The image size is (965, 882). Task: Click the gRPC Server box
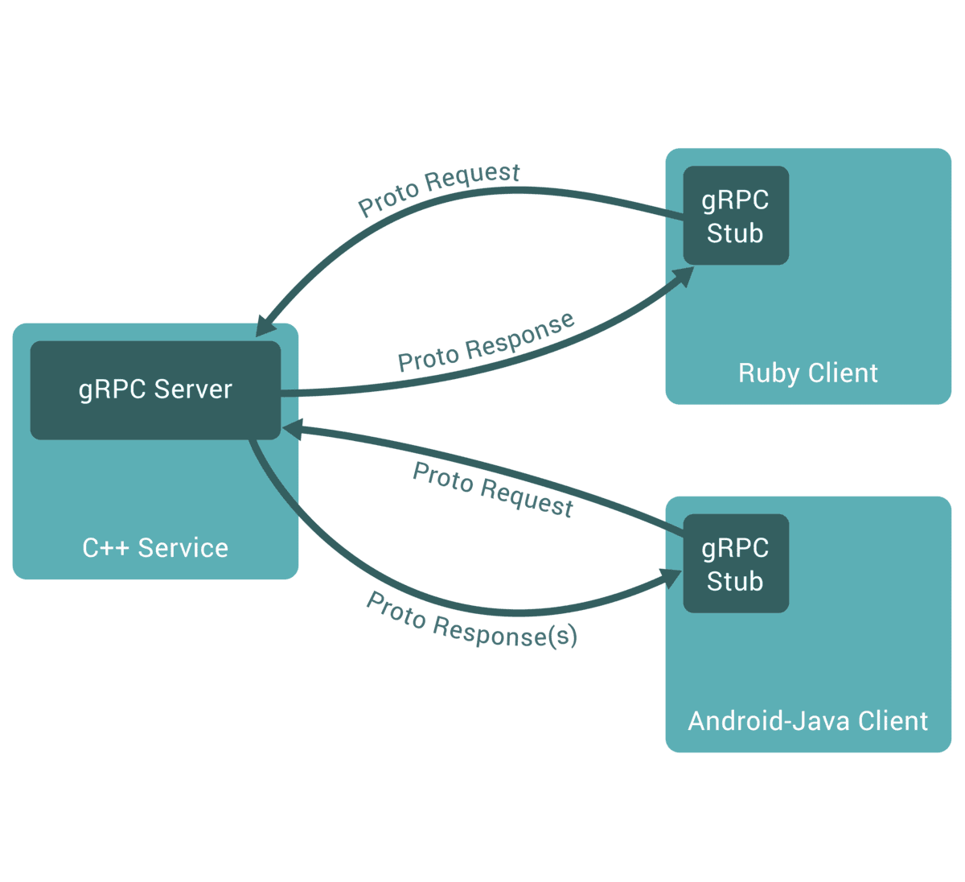(x=155, y=390)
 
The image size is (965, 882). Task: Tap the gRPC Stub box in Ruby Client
(x=736, y=216)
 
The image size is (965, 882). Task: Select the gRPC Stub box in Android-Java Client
(x=736, y=563)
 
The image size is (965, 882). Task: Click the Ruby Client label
(x=808, y=373)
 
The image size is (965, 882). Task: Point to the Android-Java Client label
(x=808, y=721)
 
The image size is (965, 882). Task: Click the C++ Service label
(x=155, y=548)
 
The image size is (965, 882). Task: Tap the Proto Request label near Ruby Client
(x=440, y=189)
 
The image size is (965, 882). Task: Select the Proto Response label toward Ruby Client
(x=487, y=343)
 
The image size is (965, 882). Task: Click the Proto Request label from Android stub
(x=492, y=489)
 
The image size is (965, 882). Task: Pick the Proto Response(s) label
(x=472, y=620)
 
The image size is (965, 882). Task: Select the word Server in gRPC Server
(x=193, y=390)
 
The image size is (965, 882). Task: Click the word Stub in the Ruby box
(x=735, y=233)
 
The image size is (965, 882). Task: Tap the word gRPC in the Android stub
(x=735, y=548)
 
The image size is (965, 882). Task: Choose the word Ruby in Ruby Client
(x=769, y=373)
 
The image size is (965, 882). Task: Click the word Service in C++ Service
(x=183, y=548)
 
